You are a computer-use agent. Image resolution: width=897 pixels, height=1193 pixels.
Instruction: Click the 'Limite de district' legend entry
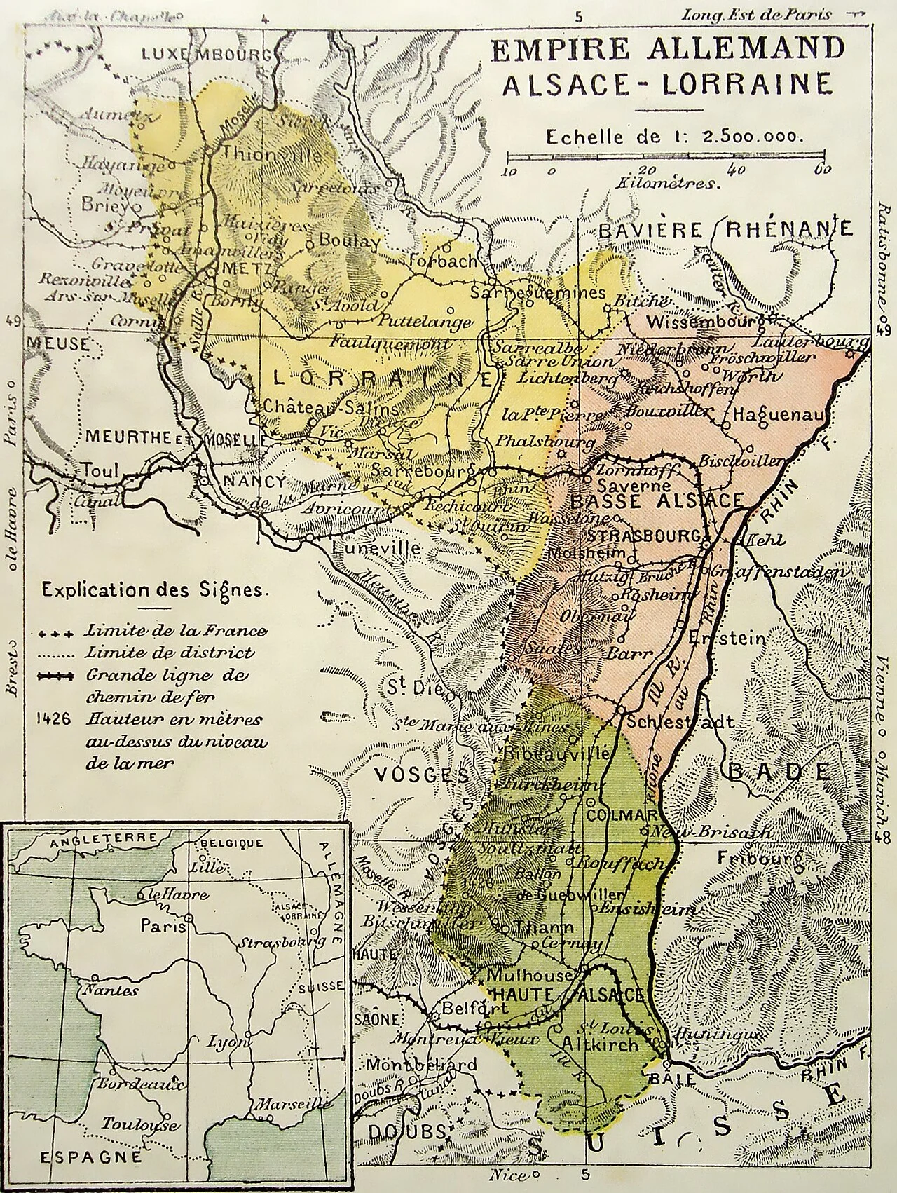point(169,653)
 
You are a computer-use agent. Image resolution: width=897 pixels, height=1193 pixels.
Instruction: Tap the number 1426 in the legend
point(57,720)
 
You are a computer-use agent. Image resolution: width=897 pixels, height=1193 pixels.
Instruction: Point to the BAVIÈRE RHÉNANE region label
point(727,229)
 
